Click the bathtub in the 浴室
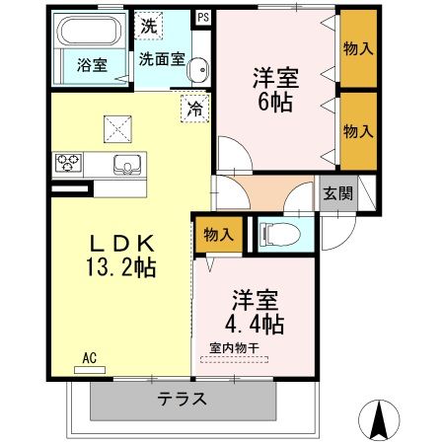pyautogui.click(x=89, y=31)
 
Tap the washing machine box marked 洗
pyautogui.click(x=149, y=26)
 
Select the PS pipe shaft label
pyautogui.click(x=203, y=17)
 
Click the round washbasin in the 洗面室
pyautogui.click(x=197, y=70)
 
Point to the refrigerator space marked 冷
pyautogui.click(x=195, y=109)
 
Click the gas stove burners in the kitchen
pyautogui.click(x=68, y=163)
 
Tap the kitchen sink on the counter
pyautogui.click(x=127, y=164)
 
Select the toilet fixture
pyautogui.click(x=279, y=235)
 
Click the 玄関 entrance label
pyautogui.click(x=337, y=193)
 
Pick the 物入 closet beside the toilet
pyautogui.click(x=219, y=235)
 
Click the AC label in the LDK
pyautogui.click(x=89, y=358)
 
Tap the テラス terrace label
pyautogui.click(x=182, y=399)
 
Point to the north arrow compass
pyautogui.click(x=379, y=420)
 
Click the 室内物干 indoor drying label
pyautogui.click(x=235, y=348)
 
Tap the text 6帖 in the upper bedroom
pyautogui.click(x=275, y=102)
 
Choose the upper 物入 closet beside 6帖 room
pyautogui.click(x=358, y=48)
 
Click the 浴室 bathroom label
pyautogui.click(x=92, y=65)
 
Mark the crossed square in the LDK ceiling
pyautogui.click(x=117, y=129)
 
